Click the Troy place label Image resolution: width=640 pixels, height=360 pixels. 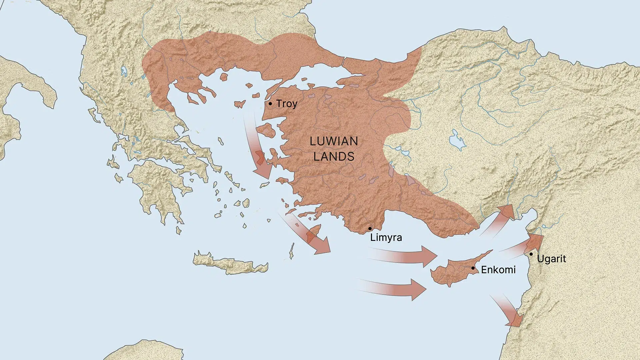pos(287,104)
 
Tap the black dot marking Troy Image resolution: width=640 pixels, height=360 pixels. pos(270,104)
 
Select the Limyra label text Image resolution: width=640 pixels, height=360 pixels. pos(386,238)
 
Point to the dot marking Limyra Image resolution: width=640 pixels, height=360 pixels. pos(370,229)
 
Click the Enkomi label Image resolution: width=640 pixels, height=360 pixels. pos(498,270)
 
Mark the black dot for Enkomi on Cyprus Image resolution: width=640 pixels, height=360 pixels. pos(473,268)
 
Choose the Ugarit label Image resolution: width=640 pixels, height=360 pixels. pos(552,259)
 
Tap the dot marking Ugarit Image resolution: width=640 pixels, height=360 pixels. pos(531,254)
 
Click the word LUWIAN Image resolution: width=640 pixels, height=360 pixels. pos(334,141)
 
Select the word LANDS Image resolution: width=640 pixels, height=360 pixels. pos(334,156)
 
